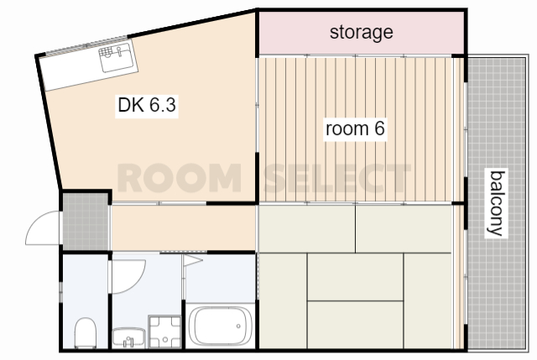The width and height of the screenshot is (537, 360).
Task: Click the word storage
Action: coord(362,33)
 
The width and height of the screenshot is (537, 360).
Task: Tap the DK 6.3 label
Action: coord(147,104)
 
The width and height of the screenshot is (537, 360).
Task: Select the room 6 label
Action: coord(355,128)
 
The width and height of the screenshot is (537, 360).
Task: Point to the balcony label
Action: coord(497,203)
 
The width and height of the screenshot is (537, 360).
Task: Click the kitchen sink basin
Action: coord(117,57)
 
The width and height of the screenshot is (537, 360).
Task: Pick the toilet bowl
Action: coord(86,332)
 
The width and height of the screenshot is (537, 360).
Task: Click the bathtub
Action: coord(221,326)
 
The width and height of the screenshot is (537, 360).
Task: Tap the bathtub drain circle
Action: coord(238,326)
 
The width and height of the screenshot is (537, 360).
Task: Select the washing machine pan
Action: coord(164,331)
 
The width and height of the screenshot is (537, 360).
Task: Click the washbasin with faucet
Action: coord(128,337)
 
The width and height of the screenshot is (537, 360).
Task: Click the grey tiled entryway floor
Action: coord(86,222)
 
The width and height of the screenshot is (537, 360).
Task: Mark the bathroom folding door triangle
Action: coord(192,260)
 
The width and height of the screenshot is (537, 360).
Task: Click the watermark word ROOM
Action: coord(179,178)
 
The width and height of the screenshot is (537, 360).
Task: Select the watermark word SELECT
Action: coord(337,178)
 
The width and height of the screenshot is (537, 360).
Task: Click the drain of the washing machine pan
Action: coord(165,340)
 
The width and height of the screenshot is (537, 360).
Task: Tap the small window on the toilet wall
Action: coord(61,292)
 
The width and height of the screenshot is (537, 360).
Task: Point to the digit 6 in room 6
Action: coord(379,128)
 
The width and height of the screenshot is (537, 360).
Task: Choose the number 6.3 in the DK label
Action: coord(163,104)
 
